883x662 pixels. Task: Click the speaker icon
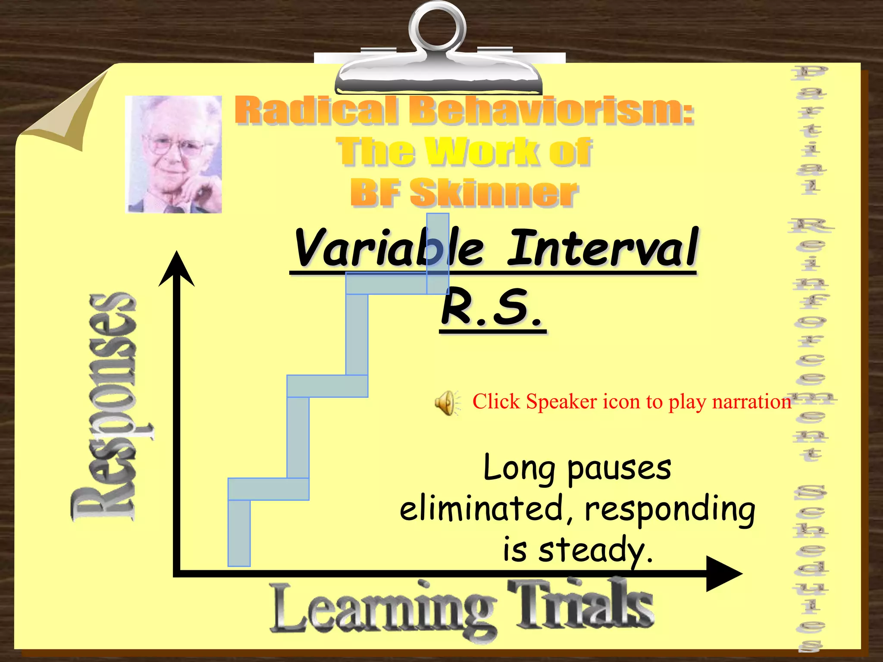coord(446,403)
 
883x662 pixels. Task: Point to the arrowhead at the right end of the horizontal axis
coord(723,574)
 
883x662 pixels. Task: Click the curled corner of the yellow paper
coord(65,114)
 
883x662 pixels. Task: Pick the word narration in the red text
coord(751,402)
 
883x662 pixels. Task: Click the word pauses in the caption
coord(619,469)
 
